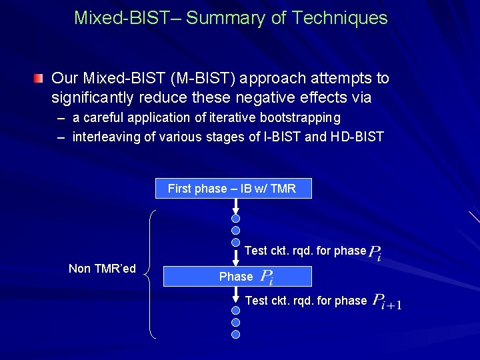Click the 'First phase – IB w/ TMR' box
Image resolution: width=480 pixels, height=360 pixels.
pos(233,189)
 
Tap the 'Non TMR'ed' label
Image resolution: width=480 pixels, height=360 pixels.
pos(102,269)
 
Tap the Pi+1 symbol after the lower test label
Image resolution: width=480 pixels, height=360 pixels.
pos(387,301)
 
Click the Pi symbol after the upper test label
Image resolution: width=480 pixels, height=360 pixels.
pos(375,253)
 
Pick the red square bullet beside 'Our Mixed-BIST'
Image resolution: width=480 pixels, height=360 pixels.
pos(41,79)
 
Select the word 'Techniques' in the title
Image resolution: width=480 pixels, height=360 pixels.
pos(341,18)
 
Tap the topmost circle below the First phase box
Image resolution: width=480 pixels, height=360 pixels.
pos(236,218)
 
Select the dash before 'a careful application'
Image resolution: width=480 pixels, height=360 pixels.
pos(61,118)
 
